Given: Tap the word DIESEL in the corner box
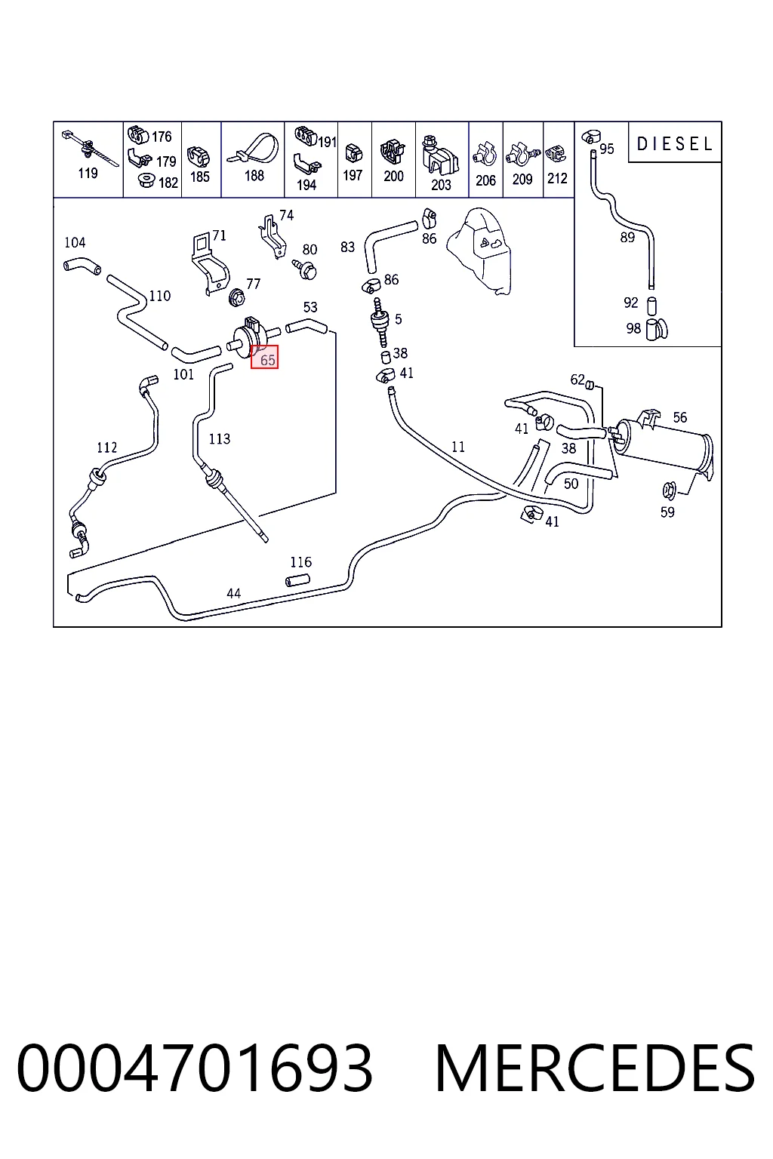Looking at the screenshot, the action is tap(675, 144).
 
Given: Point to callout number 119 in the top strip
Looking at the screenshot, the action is tap(88, 173).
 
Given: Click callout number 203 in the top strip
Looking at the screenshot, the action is tap(441, 185).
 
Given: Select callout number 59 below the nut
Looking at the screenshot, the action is tap(667, 512).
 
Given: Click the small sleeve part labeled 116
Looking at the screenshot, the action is tap(298, 580).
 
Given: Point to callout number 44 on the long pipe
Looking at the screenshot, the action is tap(233, 594).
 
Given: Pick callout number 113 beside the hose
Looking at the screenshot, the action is tap(219, 438).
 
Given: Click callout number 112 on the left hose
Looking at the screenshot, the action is tap(107, 447).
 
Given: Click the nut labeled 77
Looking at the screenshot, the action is tap(237, 297).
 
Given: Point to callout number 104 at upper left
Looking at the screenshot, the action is tap(75, 243).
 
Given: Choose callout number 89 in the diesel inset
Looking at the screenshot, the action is tap(627, 238).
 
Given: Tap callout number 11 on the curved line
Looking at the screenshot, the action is tap(458, 447).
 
